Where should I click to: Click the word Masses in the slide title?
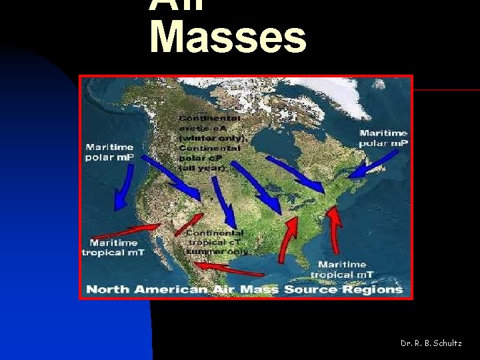(x=228, y=37)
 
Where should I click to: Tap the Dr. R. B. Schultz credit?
(x=431, y=343)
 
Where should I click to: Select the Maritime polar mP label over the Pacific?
(x=109, y=152)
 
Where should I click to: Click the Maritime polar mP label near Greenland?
(x=383, y=138)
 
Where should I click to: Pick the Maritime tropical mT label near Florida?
(x=342, y=269)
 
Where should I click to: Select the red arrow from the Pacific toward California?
(x=120, y=233)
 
